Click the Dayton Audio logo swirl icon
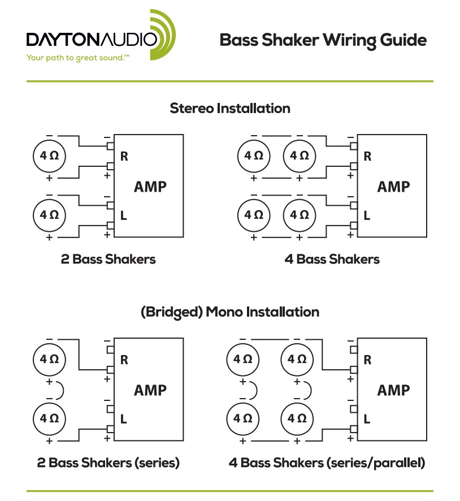[x=163, y=35]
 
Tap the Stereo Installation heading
[x=230, y=108]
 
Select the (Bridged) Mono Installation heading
[x=230, y=312]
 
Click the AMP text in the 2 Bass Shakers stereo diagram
[x=150, y=187]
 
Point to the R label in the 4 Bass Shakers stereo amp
[x=367, y=157]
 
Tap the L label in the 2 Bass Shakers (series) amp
[x=124, y=419]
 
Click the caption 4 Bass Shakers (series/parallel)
[x=327, y=463]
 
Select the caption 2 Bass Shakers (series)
[x=108, y=463]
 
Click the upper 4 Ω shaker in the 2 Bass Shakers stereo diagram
[x=49, y=154]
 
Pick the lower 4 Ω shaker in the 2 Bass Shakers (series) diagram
[x=49, y=418]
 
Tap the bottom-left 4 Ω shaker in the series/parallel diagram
[x=242, y=418]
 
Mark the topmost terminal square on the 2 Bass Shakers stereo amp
[x=111, y=145]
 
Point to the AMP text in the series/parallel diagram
[x=393, y=390]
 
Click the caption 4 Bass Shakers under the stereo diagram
[x=332, y=260]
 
